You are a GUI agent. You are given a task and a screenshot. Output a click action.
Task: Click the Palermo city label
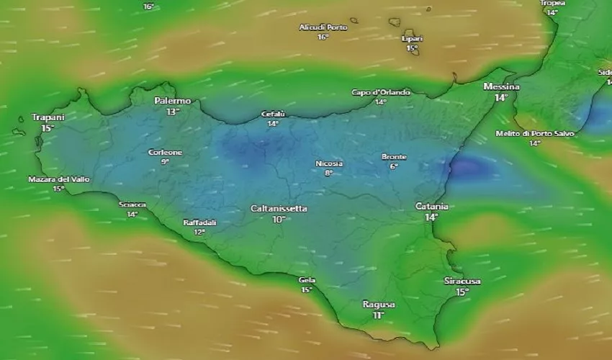173,102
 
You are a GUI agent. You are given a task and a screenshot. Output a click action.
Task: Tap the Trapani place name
48,117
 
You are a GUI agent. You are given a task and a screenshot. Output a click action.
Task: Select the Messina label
502,87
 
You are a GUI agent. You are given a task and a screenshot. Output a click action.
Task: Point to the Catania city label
432,207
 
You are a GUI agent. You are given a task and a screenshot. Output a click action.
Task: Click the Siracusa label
462,281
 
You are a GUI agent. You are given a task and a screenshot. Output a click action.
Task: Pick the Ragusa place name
379,305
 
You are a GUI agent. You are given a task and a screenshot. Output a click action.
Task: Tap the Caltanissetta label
279,209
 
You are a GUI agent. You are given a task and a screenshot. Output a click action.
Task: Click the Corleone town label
165,153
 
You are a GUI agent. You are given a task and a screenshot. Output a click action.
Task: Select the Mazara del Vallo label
59,179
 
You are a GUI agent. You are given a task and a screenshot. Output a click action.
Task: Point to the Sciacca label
132,204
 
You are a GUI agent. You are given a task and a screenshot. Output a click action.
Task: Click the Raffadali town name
199,222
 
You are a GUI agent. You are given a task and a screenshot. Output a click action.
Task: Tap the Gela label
307,280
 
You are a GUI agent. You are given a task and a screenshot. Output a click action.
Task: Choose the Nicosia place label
329,163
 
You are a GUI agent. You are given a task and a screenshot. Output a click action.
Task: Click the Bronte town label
394,157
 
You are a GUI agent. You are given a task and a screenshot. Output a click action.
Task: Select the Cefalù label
273,114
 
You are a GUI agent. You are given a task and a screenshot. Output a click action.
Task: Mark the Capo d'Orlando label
381,92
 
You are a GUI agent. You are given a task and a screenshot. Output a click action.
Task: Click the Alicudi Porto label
323,27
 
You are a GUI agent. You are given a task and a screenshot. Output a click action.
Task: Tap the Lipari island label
412,39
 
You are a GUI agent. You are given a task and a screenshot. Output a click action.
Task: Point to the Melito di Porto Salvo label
535,134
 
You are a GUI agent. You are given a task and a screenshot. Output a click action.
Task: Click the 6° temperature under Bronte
394,166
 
